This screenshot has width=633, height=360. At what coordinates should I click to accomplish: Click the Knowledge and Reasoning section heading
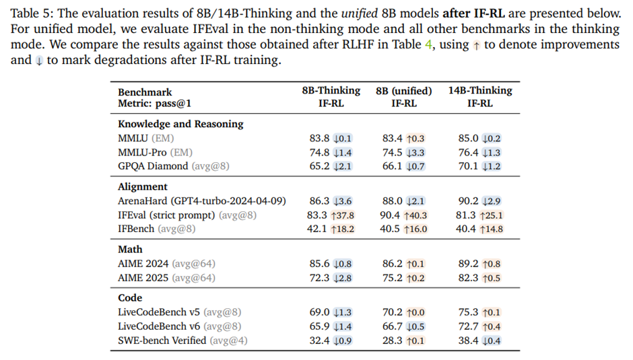pyautogui.click(x=180, y=124)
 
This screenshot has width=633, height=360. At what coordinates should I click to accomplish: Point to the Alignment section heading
pyautogui.click(x=143, y=186)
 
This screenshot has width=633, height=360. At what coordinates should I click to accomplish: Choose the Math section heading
pyautogui.click(x=130, y=249)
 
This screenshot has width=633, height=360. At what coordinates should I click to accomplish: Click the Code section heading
pyautogui.click(x=130, y=297)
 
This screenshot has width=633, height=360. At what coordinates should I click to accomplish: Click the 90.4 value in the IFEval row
pyautogui.click(x=391, y=215)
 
